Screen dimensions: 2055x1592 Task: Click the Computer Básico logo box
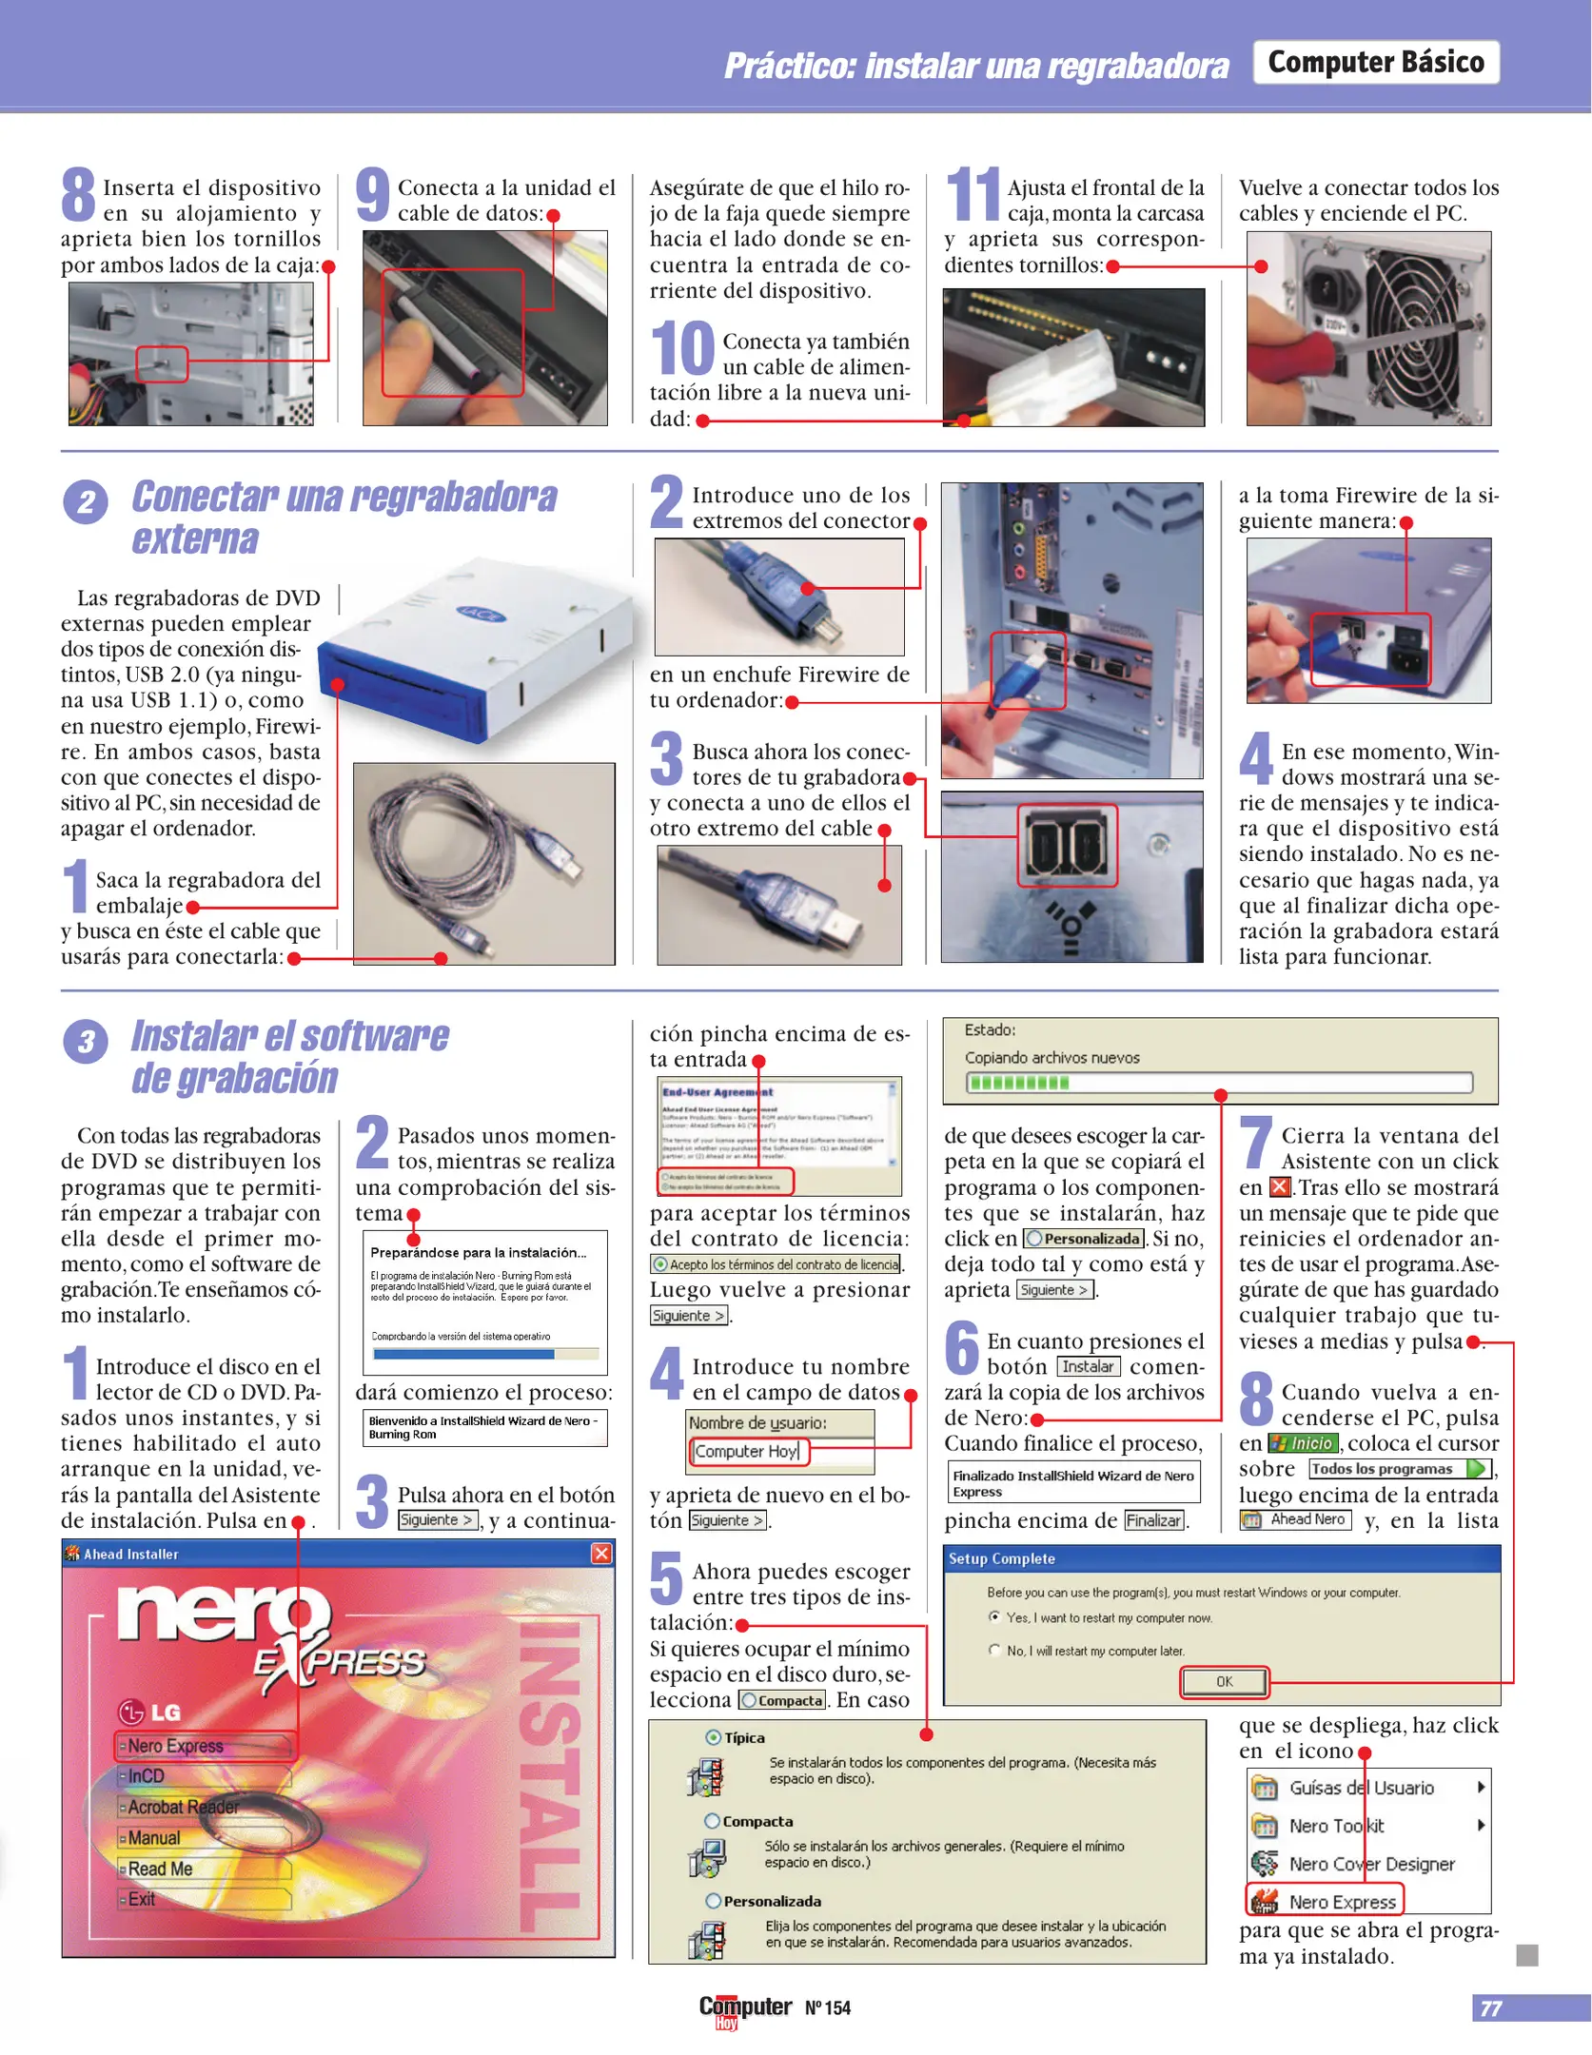click(1375, 63)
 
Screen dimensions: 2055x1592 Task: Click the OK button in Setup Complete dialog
click(1224, 1681)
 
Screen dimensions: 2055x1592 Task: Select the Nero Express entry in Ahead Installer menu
click(205, 1746)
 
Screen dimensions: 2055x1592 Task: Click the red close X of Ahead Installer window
click(601, 1553)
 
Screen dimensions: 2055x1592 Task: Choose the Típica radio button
click(713, 1737)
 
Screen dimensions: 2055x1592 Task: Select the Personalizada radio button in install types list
click(713, 1901)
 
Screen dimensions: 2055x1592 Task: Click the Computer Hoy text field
click(748, 1451)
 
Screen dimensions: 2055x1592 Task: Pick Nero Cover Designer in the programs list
click(1370, 1864)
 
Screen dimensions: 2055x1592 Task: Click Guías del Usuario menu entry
click(1360, 1788)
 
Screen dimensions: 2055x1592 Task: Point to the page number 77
click(1491, 2007)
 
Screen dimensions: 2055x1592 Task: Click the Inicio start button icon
click(1303, 1443)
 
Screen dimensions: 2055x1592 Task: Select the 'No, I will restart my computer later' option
click(995, 1651)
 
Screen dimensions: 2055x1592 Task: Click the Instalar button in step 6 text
click(1088, 1366)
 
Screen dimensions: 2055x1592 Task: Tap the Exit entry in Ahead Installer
click(142, 1899)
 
